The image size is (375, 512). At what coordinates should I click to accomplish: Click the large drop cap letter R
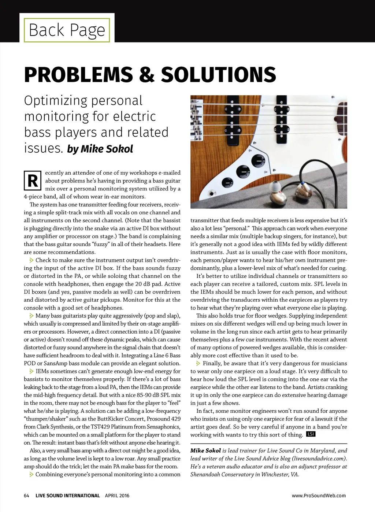click(x=32, y=181)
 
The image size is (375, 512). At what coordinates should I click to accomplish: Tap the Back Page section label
click(x=67, y=30)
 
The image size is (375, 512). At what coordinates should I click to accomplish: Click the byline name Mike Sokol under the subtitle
click(x=107, y=149)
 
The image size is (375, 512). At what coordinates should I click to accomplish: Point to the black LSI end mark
click(x=311, y=434)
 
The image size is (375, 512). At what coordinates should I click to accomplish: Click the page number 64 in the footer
click(x=26, y=496)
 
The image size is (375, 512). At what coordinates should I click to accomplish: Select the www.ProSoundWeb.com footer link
click(x=319, y=496)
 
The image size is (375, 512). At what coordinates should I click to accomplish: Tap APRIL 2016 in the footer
click(x=117, y=496)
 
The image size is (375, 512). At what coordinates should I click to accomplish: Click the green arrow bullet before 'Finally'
click(x=198, y=363)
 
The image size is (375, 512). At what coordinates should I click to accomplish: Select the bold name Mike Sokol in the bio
click(x=205, y=450)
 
